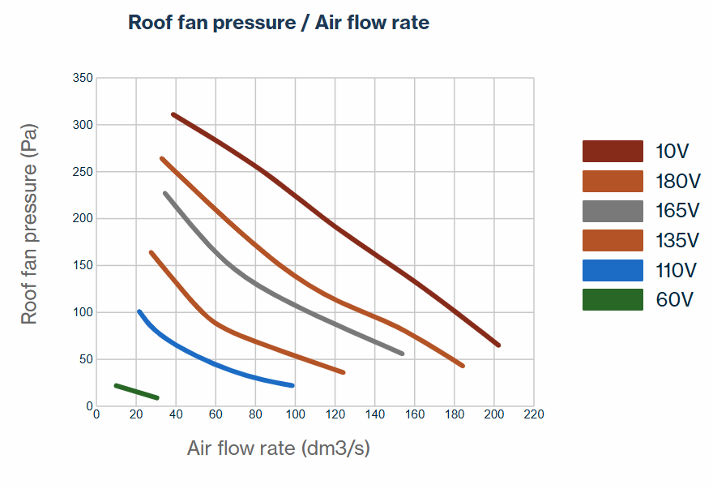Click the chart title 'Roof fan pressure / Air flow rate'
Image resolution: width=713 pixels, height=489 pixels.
(x=279, y=23)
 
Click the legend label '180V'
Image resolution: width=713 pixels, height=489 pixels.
(x=677, y=181)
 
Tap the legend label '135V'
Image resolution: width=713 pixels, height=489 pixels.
(x=677, y=241)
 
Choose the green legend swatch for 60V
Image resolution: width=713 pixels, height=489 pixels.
(x=613, y=300)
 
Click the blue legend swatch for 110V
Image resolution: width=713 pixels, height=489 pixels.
(x=613, y=270)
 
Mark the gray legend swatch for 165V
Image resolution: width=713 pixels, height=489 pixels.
(x=613, y=211)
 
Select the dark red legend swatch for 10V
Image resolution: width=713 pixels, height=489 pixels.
(x=613, y=151)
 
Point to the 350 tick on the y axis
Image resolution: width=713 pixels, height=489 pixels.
(x=83, y=78)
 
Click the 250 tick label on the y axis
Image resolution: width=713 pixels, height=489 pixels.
(x=83, y=172)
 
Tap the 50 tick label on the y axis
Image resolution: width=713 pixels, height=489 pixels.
(x=86, y=359)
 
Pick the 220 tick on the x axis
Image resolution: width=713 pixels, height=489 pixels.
(x=534, y=414)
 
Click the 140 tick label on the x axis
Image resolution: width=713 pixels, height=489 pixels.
(x=374, y=414)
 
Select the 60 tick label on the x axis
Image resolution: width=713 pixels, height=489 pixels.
(x=216, y=414)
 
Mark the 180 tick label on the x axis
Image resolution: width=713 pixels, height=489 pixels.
(x=455, y=414)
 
